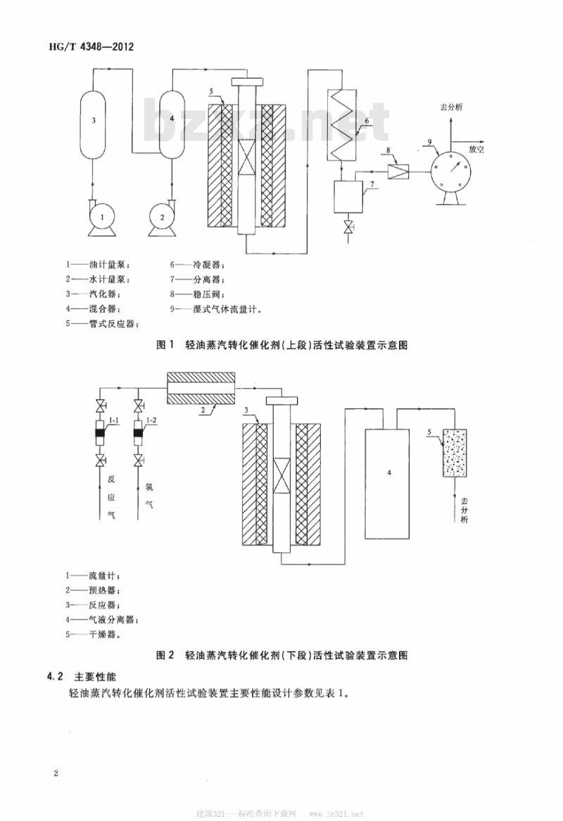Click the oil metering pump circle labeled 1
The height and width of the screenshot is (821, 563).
(102, 217)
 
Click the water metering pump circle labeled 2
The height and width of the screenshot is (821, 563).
(163, 217)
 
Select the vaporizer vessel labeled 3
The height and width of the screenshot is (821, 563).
(94, 121)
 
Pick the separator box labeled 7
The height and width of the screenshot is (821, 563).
(346, 196)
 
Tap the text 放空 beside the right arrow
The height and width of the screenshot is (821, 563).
(476, 149)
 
